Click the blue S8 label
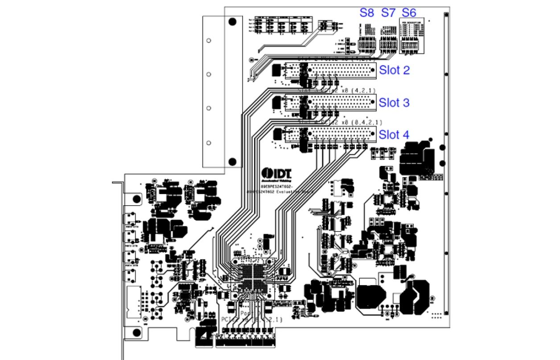point(367,13)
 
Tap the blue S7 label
point(388,13)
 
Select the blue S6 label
point(409,13)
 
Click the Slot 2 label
point(394,70)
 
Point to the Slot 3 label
point(394,103)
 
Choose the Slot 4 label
point(394,134)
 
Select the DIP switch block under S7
point(386,45)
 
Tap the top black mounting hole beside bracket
point(232,22)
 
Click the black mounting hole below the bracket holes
point(232,161)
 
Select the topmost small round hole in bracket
point(208,40)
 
